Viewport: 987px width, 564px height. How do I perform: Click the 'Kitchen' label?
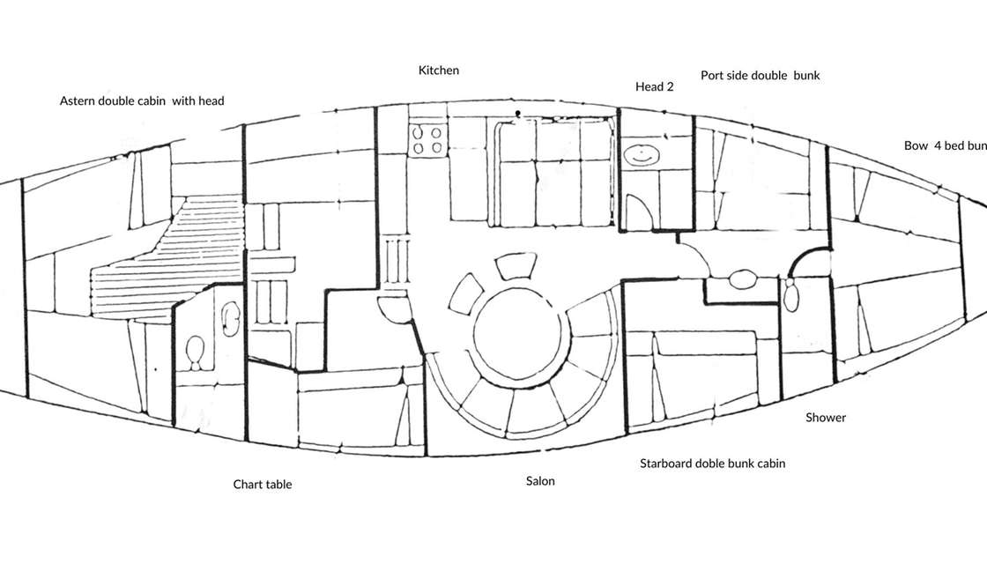(x=438, y=70)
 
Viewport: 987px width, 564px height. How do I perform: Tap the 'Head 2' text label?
(x=654, y=86)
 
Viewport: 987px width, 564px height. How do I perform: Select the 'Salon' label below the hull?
(x=540, y=481)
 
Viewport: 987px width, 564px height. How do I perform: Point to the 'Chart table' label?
(x=263, y=485)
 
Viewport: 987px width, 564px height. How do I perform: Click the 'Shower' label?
(x=826, y=418)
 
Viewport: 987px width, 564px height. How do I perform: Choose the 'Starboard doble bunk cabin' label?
(x=712, y=464)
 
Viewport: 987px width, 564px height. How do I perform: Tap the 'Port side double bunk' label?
(x=760, y=76)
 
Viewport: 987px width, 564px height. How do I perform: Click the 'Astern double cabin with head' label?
(x=142, y=101)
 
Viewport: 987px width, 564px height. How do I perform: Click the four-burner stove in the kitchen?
(x=427, y=140)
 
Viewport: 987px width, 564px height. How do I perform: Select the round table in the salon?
(x=516, y=335)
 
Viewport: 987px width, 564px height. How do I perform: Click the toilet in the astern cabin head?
(x=196, y=353)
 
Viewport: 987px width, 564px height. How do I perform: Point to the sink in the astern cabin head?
(x=232, y=318)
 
